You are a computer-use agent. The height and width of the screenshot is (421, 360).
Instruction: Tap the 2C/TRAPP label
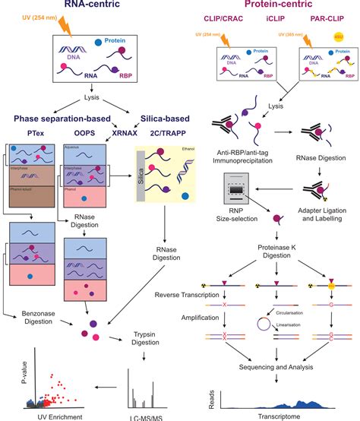(x=163, y=131)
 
